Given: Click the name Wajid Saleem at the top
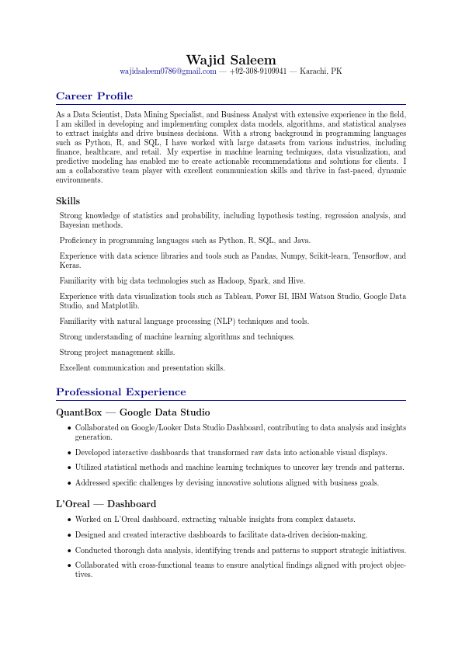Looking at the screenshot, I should [231, 60].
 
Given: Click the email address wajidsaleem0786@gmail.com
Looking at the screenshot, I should [168, 71].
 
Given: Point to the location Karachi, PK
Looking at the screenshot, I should [321, 71].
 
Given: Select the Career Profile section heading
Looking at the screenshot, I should [94, 96].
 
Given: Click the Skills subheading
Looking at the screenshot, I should [68, 201].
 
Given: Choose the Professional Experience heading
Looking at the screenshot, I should [121, 392].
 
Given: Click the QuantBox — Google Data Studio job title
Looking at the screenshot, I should [133, 412].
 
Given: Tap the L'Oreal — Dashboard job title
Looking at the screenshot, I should [106, 504].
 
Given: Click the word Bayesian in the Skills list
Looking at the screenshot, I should [75, 225].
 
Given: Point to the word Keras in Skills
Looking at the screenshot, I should [69, 266].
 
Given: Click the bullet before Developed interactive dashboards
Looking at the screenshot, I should [69, 452].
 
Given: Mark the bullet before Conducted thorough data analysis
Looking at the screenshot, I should [69, 550].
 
